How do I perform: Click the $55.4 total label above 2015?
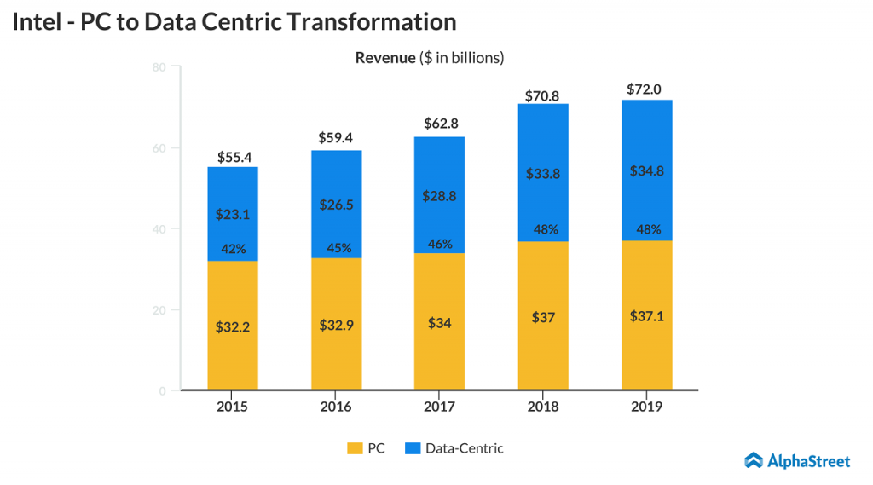tap(234, 157)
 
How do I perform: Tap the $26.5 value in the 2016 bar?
tap(336, 205)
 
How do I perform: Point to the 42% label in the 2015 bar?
tap(234, 249)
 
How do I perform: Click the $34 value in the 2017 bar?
tap(439, 325)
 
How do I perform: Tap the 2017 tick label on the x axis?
tap(439, 407)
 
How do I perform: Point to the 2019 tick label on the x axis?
tap(646, 407)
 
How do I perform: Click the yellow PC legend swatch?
tap(354, 448)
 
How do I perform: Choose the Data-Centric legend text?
tap(465, 448)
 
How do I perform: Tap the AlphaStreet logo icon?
tap(754, 461)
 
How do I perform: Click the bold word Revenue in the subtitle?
tap(384, 58)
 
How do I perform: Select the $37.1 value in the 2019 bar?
tap(646, 316)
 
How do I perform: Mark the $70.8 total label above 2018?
tap(542, 95)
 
